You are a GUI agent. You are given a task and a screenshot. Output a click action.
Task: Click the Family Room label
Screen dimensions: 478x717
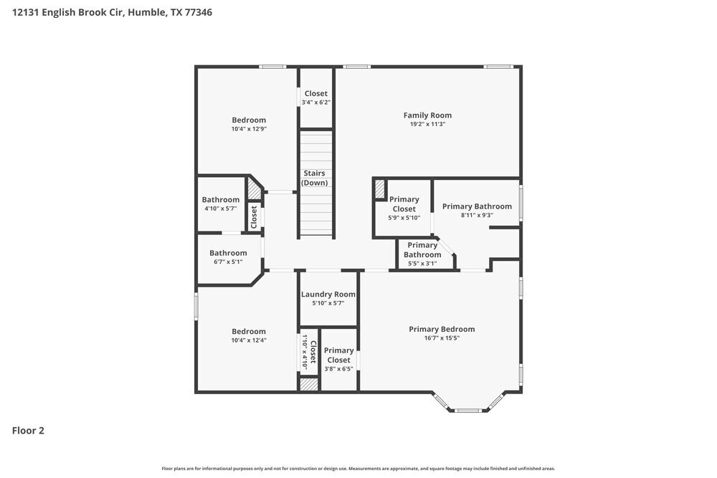click(427, 115)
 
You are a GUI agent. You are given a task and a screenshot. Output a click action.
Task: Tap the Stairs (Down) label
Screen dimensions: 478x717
click(314, 178)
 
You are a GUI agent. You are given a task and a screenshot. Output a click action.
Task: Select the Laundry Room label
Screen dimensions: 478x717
click(328, 295)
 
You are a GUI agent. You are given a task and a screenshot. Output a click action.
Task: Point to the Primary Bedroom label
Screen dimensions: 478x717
click(442, 330)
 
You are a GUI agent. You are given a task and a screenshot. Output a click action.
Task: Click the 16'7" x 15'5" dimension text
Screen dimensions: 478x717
click(442, 338)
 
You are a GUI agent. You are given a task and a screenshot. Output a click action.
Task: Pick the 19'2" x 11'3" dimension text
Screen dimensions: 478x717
click(427, 124)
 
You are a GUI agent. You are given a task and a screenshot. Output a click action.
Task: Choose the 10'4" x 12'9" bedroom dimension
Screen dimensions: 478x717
click(249, 129)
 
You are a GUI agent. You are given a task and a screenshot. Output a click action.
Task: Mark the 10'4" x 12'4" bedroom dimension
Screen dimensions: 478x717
click(249, 340)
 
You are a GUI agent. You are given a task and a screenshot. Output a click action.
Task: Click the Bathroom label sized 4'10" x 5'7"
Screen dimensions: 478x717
click(220, 200)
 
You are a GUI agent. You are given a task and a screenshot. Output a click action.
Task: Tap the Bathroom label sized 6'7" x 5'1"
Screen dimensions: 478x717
click(228, 253)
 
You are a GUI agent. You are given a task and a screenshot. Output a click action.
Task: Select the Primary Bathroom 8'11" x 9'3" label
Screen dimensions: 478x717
click(477, 206)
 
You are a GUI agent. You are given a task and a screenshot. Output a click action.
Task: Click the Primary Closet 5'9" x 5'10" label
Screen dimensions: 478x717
click(404, 204)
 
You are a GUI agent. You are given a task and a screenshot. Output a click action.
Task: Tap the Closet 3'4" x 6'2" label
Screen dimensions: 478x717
click(316, 94)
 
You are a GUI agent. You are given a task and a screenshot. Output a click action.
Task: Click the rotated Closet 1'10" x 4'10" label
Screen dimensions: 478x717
click(313, 351)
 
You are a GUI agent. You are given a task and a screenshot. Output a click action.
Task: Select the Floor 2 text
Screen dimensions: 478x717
click(28, 431)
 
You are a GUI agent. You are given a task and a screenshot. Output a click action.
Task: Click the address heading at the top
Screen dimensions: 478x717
click(112, 12)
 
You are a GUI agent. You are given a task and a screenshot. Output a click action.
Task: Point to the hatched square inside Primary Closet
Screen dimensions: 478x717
click(379, 188)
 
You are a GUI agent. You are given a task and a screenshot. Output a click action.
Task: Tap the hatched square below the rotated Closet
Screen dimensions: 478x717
click(309, 385)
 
